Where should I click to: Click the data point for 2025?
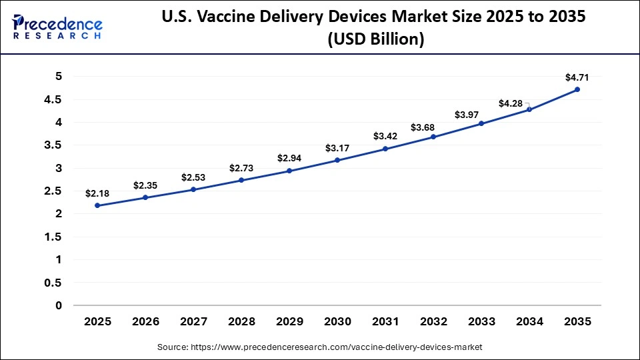click(98, 205)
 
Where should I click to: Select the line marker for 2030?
click(337, 160)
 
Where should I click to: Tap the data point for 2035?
click(577, 89)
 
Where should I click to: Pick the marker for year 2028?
click(241, 180)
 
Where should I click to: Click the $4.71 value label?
click(577, 77)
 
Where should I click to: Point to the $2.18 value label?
click(97, 193)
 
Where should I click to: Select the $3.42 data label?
click(385, 136)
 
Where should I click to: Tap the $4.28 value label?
click(511, 103)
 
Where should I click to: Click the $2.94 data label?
click(289, 158)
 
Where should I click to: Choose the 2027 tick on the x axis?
click(193, 321)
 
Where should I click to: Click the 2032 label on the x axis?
click(433, 321)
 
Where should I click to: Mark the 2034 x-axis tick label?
click(529, 321)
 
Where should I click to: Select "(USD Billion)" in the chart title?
click(373, 40)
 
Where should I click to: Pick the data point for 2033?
click(481, 123)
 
